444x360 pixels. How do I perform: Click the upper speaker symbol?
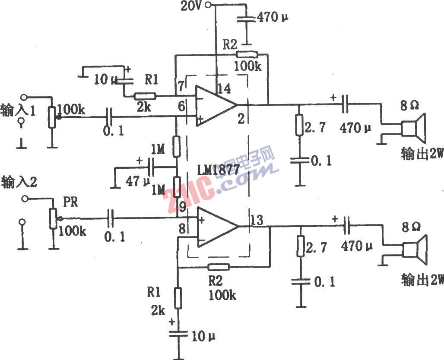[x=414, y=128]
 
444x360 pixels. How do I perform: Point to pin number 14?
[x=225, y=89]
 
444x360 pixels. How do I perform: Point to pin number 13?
[x=257, y=220]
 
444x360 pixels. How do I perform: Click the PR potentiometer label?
[x=70, y=202]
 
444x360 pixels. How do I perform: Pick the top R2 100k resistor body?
[x=247, y=55]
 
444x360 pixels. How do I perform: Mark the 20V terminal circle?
[x=209, y=5]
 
